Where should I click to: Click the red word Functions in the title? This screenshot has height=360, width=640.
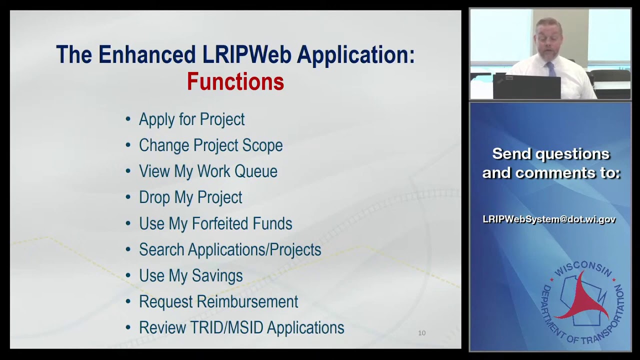point(235,82)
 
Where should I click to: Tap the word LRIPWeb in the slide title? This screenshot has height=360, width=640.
point(247,54)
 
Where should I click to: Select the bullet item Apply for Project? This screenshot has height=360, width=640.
point(191,119)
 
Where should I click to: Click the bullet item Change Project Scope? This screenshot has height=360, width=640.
point(210,145)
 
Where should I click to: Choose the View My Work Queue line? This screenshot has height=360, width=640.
point(208,171)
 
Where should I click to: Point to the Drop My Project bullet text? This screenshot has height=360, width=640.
point(190,197)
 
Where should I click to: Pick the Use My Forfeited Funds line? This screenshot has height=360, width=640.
point(215,223)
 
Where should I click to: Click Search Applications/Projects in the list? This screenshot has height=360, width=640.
point(230,249)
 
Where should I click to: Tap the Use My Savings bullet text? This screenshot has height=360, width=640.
point(190,275)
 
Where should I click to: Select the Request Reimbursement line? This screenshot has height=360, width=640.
point(218,301)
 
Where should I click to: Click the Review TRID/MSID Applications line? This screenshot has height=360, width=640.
point(241,327)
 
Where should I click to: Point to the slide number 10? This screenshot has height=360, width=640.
point(421,333)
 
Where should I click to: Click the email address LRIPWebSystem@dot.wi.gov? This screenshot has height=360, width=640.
point(549,219)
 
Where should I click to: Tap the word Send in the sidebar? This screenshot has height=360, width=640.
point(512,154)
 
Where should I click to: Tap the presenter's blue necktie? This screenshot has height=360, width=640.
point(551,69)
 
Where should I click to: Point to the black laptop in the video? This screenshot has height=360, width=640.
point(526,86)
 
